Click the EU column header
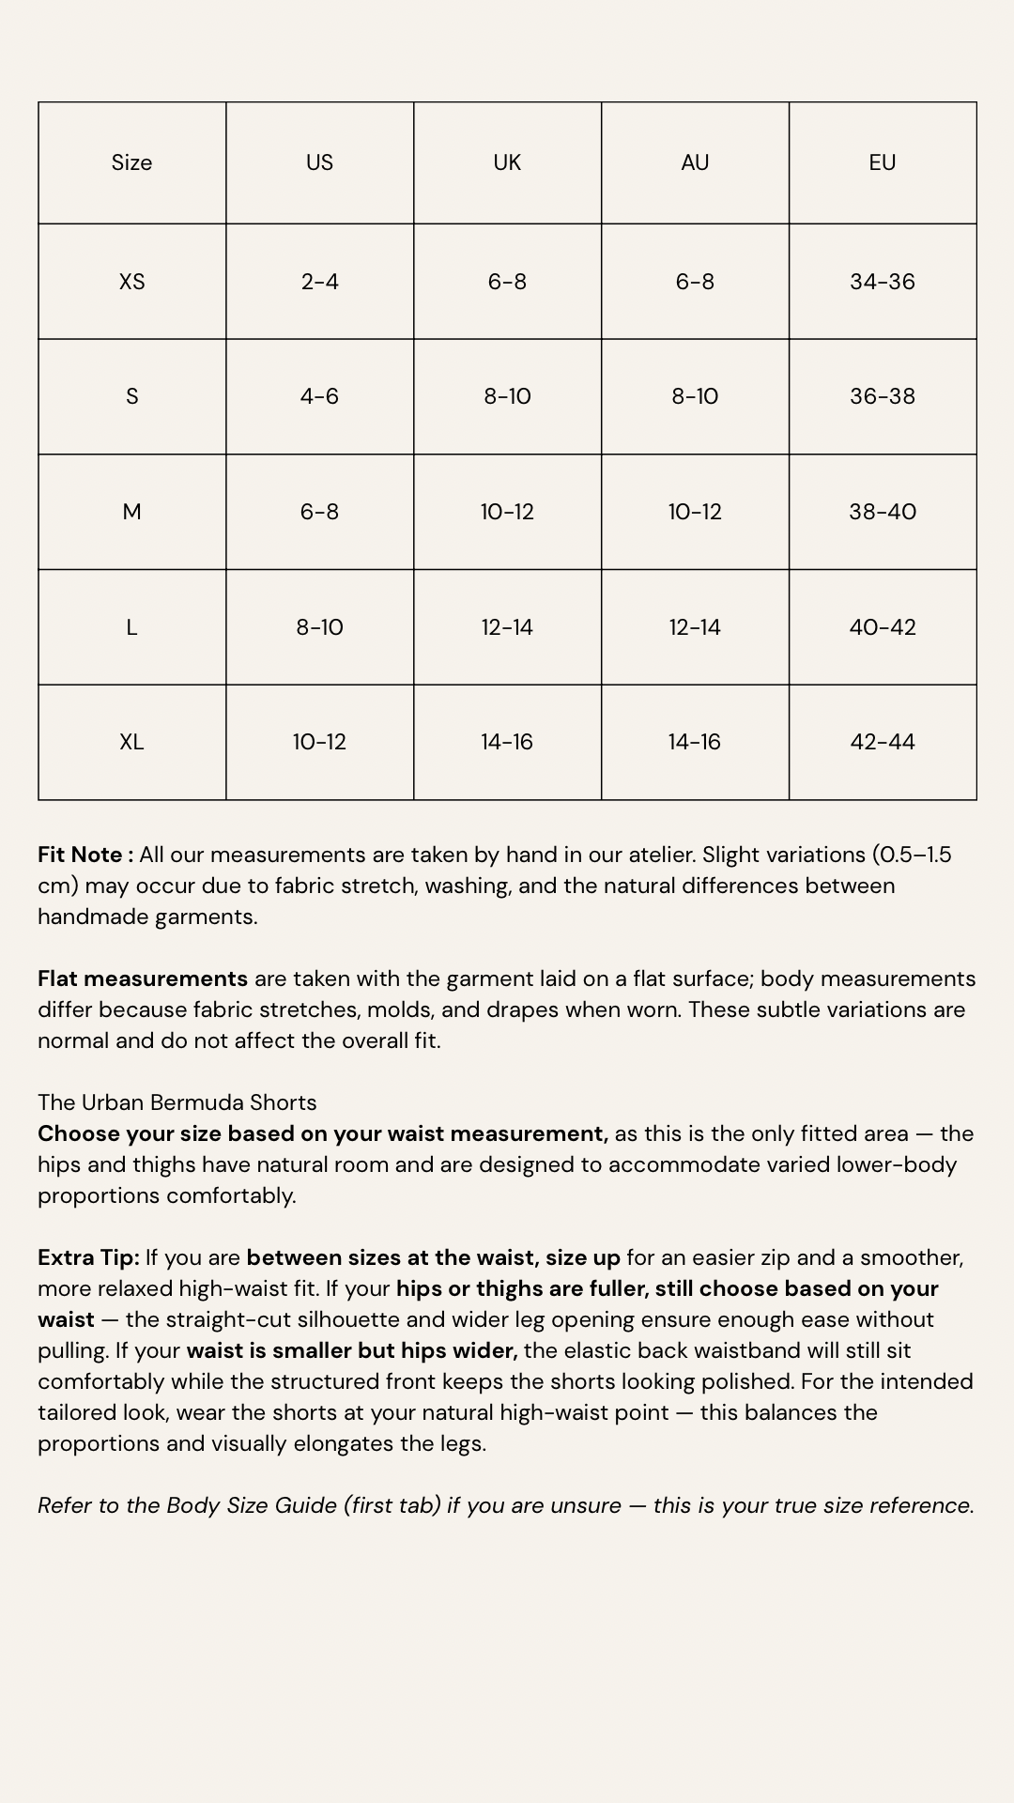pyautogui.click(x=882, y=162)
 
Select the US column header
pyautogui.click(x=319, y=162)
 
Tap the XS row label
pyautogui.click(x=131, y=282)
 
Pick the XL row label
pyautogui.click(x=131, y=742)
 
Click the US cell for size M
pyautogui.click(x=319, y=512)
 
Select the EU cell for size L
pyautogui.click(x=882, y=627)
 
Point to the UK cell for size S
pyautogui.click(x=507, y=396)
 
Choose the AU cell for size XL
pyautogui.click(x=694, y=742)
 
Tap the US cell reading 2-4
pyautogui.click(x=319, y=282)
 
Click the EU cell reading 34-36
pyautogui.click(x=882, y=282)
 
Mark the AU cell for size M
pyautogui.click(x=694, y=512)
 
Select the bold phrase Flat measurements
pyautogui.click(x=143, y=979)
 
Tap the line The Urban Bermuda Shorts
pyautogui.click(x=177, y=1102)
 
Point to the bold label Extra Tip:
pyautogui.click(x=88, y=1257)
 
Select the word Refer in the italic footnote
pyautogui.click(x=65, y=1505)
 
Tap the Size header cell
pyautogui.click(x=131, y=162)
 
